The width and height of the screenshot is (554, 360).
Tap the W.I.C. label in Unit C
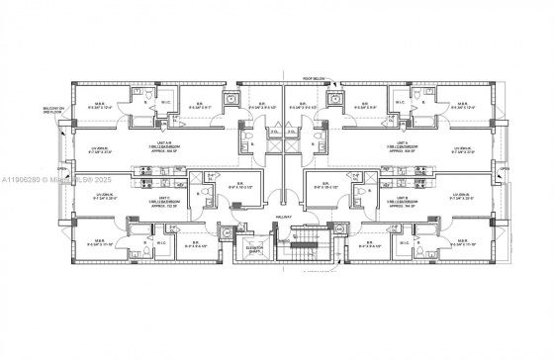pyautogui.click(x=160, y=240)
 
